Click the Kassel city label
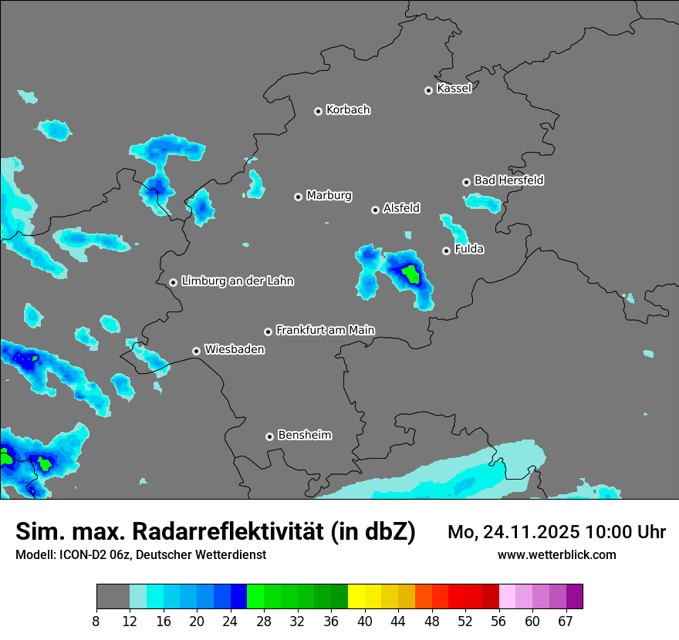[x=454, y=89]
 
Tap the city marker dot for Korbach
[x=318, y=111]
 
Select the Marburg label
[x=329, y=196]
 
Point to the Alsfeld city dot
[x=375, y=210]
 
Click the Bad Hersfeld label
[x=508, y=180]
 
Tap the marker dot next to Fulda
[x=446, y=251]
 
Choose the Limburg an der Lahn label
[x=237, y=281]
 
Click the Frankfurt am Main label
[x=325, y=330]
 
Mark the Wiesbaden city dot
[x=197, y=351]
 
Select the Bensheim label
[x=304, y=435]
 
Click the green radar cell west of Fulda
[x=412, y=274]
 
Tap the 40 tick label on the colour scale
[x=364, y=621]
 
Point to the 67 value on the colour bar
[x=566, y=621]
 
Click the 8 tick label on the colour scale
[x=96, y=621]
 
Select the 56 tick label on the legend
[x=498, y=621]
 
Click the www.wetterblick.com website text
[x=556, y=554]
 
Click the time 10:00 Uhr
[x=627, y=532]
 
